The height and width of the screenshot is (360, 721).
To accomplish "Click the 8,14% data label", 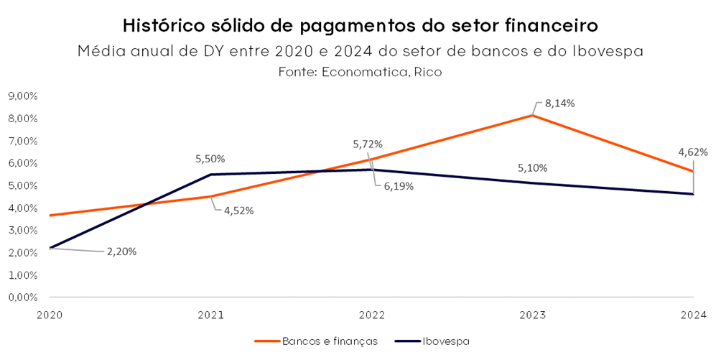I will click(560, 103).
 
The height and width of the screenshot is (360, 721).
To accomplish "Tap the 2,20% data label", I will click(122, 251).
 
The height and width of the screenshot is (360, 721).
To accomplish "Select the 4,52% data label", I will click(239, 211).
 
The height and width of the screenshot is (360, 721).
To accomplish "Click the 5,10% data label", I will click(532, 168).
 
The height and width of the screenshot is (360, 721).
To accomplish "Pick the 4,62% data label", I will click(693, 152).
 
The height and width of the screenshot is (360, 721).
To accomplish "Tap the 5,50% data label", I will click(210, 158).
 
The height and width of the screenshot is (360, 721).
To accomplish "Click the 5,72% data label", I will click(368, 144).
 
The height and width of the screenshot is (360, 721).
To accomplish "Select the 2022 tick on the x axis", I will click(371, 315).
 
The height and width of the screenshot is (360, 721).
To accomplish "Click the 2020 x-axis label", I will click(50, 315).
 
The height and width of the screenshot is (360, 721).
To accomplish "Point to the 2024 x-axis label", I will click(693, 315).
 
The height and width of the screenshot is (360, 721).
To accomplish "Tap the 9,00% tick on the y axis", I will click(22, 96).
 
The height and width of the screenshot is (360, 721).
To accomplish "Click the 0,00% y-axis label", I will click(22, 297).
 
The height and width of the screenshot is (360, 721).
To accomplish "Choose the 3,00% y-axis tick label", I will click(22, 231).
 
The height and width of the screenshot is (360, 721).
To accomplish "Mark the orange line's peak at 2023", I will click(532, 116).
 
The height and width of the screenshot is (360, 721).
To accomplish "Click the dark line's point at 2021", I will click(210, 175).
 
